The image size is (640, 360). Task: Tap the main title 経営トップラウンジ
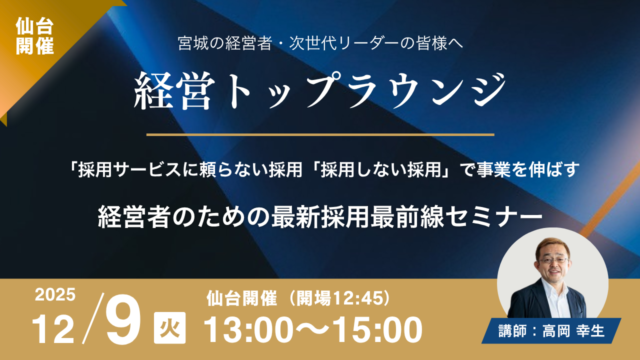tap(320, 90)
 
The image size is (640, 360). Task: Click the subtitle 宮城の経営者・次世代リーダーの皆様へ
tap(320, 44)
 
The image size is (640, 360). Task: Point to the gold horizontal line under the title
tap(320, 134)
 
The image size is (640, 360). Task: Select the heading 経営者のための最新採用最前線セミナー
tap(320, 218)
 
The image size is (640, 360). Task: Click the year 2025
tap(55, 295)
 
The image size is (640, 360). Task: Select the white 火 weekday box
tap(169, 328)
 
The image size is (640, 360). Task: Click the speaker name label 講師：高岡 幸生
tap(551, 331)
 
